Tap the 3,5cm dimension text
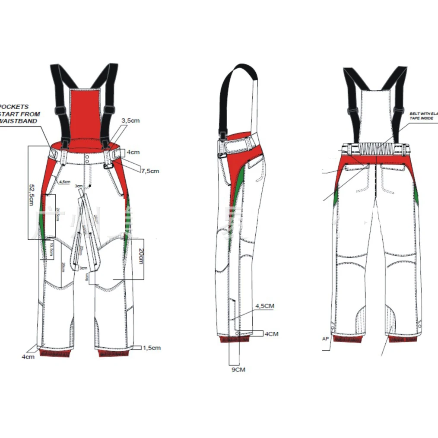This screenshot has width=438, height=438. tap(130, 121)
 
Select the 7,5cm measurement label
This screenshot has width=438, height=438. tap(150, 171)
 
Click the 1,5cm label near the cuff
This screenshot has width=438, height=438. tap(151, 348)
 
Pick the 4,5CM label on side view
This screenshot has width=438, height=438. tap(265, 306)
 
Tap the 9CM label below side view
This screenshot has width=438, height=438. tap(237, 370)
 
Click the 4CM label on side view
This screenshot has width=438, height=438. tap(272, 334)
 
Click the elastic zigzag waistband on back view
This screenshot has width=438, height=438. tap(376, 149)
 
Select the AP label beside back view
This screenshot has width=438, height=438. tap(326, 339)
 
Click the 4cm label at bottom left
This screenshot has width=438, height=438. tap(29, 357)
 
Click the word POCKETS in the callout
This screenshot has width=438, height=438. tap(15, 107)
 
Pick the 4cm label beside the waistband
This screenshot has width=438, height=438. tap(133, 152)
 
